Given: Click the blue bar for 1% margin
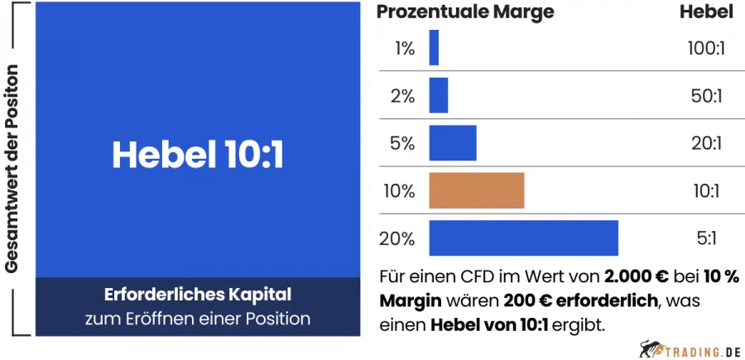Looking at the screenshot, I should coord(434,48).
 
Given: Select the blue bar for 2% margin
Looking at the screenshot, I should coord(439,95).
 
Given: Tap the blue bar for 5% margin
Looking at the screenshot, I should coord(453,143).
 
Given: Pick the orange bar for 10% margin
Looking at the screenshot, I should coord(477,190).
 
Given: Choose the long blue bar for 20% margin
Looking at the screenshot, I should coord(523,238).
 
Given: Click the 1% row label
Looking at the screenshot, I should coord(403,49).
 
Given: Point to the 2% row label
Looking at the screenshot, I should coord(402,96).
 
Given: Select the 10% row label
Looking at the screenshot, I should coord(400,191).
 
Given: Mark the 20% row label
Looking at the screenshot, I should coord(398,239).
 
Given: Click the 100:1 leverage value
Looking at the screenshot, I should coord(706,49).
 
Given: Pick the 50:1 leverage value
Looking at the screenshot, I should coord(706,96).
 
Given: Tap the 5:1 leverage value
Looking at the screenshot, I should coord(706,239).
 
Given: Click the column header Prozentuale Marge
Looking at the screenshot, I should coord(465,12).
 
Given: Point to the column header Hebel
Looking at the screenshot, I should coord(706,12).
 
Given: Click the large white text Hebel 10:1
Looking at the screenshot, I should coord(198,155).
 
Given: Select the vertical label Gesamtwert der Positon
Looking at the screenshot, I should coord(12,169).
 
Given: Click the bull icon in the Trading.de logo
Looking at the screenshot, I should coord(650,348).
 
